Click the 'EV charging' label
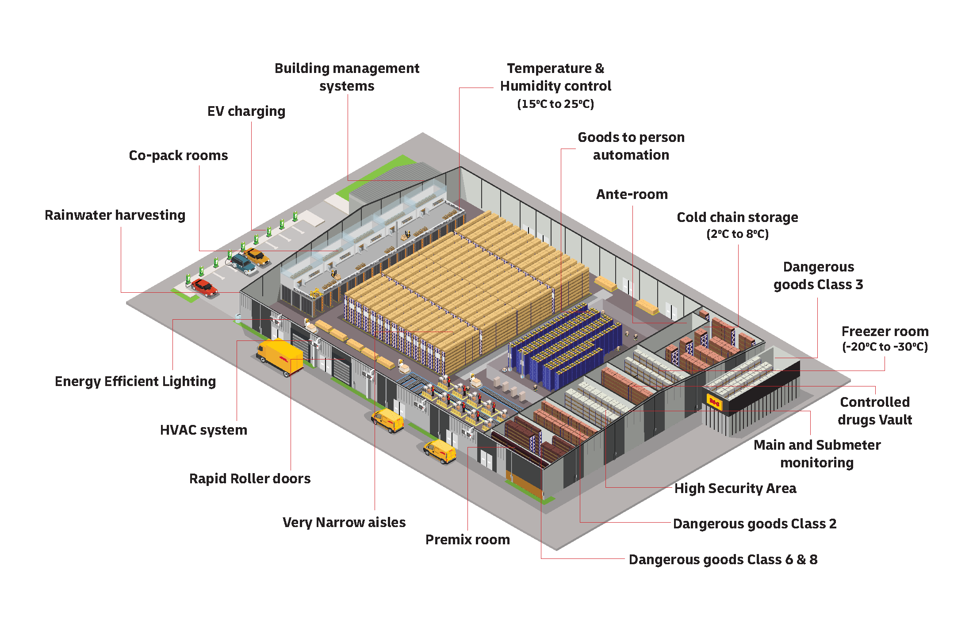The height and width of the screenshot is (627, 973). point(246,111)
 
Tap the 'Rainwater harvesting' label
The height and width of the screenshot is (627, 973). point(115,215)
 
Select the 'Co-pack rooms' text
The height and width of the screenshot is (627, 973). point(178,156)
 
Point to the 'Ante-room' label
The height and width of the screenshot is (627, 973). point(632,195)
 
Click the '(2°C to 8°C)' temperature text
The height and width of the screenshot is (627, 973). point(737,234)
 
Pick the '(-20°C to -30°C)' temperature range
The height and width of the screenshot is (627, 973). point(885,347)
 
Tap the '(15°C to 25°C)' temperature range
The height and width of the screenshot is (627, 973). point(555,104)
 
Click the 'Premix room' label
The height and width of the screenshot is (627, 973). point(467,540)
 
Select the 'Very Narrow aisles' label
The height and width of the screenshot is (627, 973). point(344,523)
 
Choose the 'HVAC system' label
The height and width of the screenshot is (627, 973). point(203,430)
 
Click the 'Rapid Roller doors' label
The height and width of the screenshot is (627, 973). point(250,479)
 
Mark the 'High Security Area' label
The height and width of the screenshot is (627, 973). point(735,489)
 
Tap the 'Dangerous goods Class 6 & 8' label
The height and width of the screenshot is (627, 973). point(723,560)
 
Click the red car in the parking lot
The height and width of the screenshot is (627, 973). point(204,287)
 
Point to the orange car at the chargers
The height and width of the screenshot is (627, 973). point(257,256)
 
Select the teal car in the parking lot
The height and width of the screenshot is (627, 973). point(243,264)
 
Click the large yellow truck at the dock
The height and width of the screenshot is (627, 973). point(280,356)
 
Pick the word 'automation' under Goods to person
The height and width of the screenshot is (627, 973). point(631,155)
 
